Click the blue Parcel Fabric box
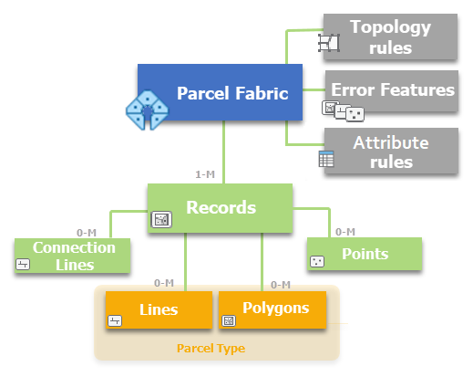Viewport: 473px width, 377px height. pos(219,93)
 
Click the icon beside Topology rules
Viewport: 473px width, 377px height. pos(328,43)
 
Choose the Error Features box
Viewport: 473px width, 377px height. pos(393,91)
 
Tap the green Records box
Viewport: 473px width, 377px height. pos(220,207)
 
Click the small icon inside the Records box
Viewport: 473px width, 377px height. pos(161,219)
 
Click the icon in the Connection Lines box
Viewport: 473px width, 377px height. pos(24,264)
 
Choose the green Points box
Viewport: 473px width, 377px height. pos(365,254)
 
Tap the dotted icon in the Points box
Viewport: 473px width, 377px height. pos(316,261)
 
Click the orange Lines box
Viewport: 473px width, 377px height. pos(159,309)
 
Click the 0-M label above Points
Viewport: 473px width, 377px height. pos(345,232)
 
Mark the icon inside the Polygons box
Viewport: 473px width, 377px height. pos(229,320)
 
